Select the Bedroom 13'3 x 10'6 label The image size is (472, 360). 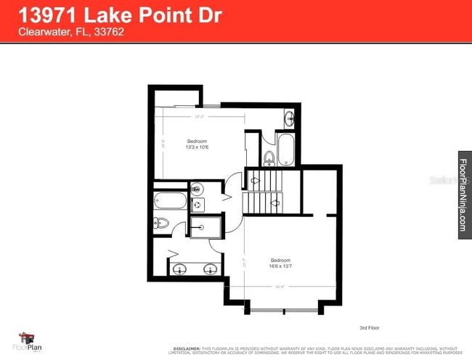point(198,144)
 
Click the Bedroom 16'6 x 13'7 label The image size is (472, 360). point(281,263)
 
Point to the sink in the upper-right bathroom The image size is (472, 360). point(288,118)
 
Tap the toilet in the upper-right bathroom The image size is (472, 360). point(268,157)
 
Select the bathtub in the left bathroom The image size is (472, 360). point(168,200)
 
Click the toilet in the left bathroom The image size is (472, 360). point(162,223)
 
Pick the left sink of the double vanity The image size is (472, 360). point(179,269)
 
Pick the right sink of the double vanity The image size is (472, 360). point(210,269)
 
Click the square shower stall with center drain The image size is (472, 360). point(205,227)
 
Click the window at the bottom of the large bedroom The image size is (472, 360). point(283,311)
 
